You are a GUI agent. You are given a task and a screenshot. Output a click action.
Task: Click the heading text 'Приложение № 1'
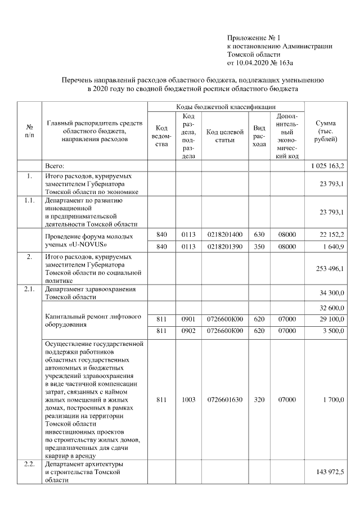click(252, 37)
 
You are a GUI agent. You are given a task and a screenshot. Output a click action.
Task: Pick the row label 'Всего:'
click(56, 166)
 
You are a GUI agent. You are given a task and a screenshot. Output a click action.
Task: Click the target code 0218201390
click(224, 246)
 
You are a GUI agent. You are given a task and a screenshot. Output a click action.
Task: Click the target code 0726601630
click(224, 400)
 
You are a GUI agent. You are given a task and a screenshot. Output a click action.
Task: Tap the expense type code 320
click(259, 400)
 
